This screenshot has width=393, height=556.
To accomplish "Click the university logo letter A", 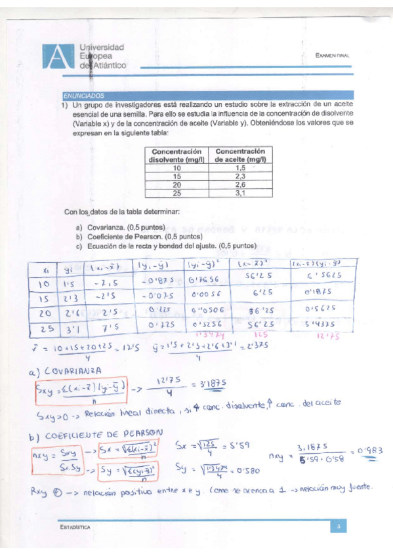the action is coord(58,57).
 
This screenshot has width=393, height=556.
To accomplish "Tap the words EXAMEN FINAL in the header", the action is coord(332,56).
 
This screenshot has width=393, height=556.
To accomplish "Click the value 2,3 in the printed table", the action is coord(239,176).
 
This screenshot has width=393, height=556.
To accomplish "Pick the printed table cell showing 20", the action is coord(176,184).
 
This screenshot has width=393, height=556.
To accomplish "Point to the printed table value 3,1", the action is coord(239,193).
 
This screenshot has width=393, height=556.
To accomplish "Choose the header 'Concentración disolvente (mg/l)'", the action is coord(176,155).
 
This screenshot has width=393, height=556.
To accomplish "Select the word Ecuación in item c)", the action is coord(102,246).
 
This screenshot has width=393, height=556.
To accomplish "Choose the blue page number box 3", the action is coord(337,526).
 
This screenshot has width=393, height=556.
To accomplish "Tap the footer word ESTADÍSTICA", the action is coord(73,527).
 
